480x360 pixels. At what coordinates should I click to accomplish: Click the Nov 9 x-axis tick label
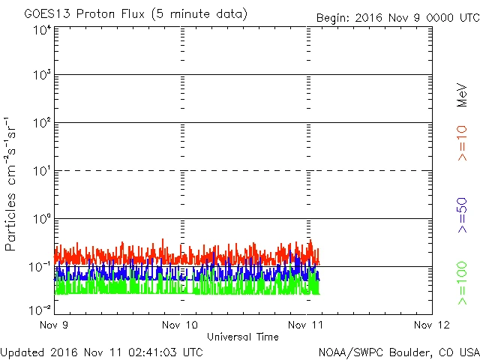(54, 325)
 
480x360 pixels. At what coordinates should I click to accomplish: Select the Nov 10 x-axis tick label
(180, 325)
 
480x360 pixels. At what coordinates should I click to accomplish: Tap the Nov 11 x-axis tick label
(306, 325)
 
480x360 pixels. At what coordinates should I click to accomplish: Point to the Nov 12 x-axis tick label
(431, 325)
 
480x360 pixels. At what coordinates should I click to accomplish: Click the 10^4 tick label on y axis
(42, 30)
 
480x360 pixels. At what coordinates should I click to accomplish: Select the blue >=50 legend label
(463, 216)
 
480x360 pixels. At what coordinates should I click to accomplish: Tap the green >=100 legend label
(463, 283)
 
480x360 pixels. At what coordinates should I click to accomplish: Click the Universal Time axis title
(242, 337)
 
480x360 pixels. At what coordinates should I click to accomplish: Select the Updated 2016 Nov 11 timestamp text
(102, 351)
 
